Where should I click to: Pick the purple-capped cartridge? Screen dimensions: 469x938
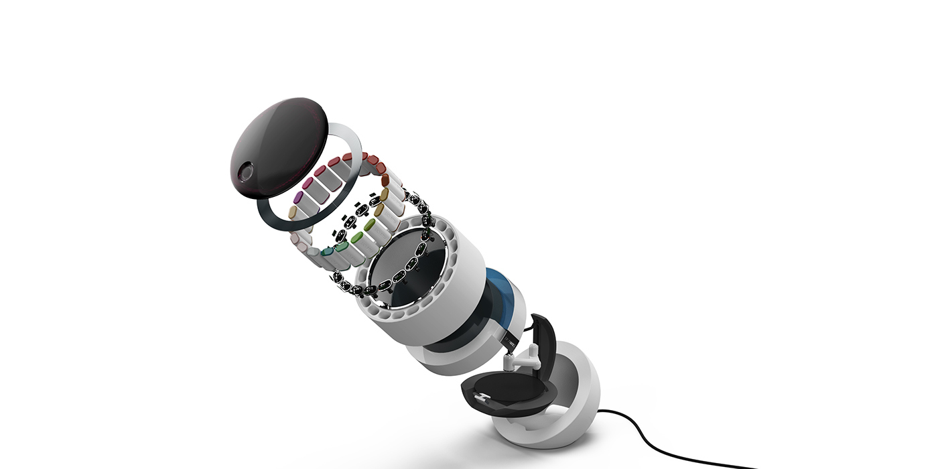click(x=299, y=198)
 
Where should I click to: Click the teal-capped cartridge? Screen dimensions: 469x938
click(x=326, y=252)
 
